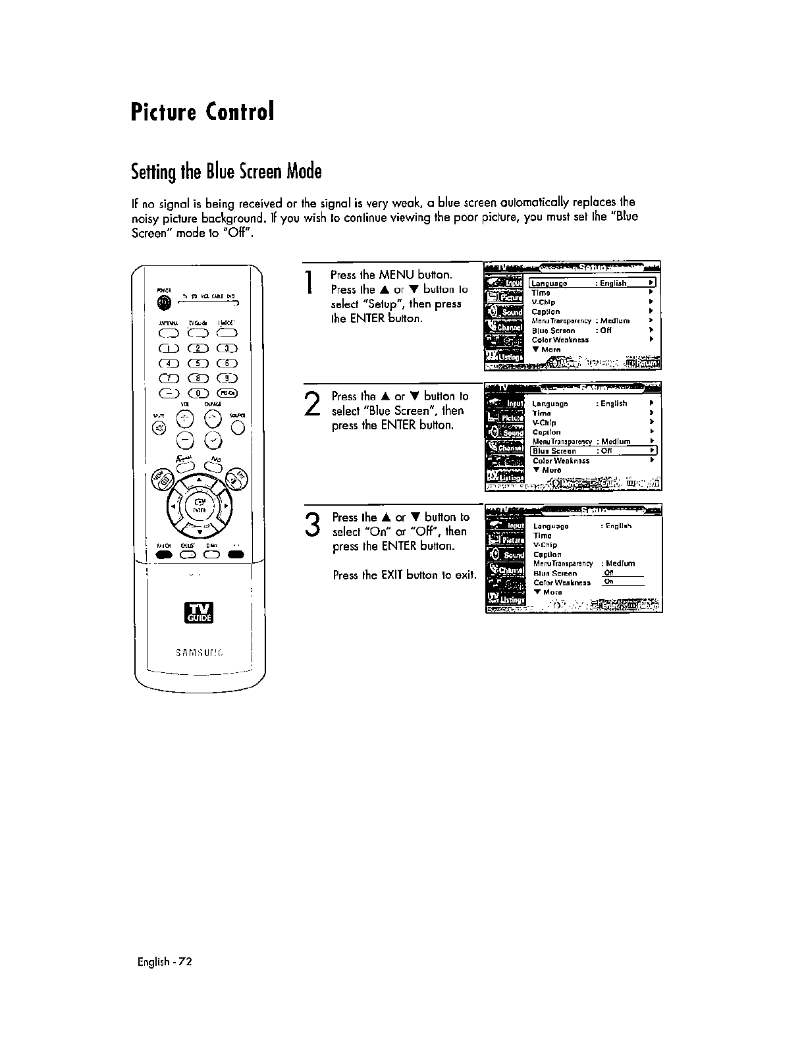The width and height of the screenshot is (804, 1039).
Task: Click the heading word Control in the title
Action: (x=239, y=112)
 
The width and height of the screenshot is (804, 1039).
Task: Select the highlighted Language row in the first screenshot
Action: (x=593, y=283)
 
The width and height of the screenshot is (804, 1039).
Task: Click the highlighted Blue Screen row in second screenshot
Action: (x=593, y=451)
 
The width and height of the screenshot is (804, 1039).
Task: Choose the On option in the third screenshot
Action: (x=609, y=582)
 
